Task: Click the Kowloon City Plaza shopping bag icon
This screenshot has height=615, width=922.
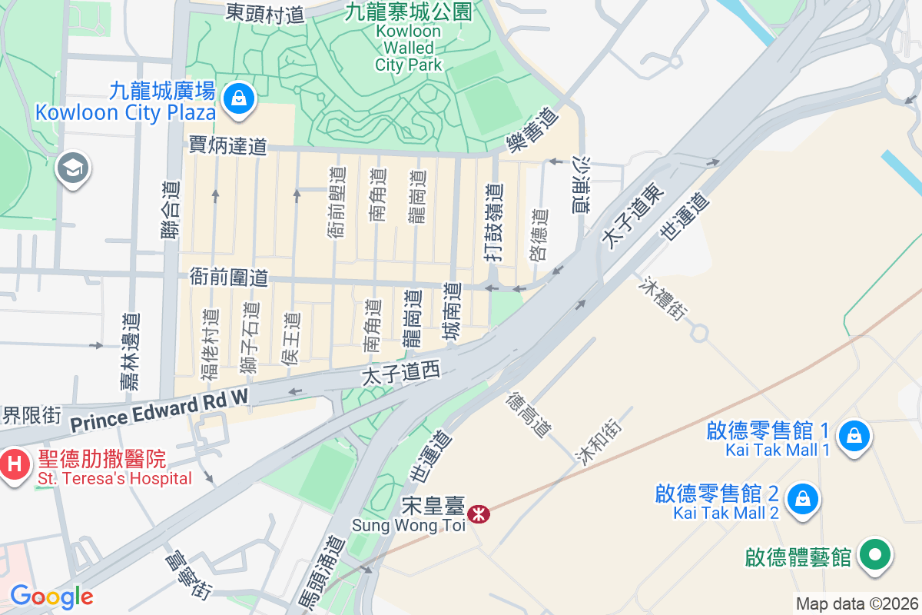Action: [239, 98]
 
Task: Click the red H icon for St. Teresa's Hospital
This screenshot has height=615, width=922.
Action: [14, 464]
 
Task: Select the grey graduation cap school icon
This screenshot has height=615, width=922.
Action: [73, 168]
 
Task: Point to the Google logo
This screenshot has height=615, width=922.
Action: [51, 597]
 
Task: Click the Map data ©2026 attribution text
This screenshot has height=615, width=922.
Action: [857, 603]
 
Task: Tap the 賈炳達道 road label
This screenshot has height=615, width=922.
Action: [227, 145]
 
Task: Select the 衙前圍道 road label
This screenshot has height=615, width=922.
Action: [228, 278]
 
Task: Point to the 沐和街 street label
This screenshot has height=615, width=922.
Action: [599, 442]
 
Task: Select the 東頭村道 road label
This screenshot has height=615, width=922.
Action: [265, 12]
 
